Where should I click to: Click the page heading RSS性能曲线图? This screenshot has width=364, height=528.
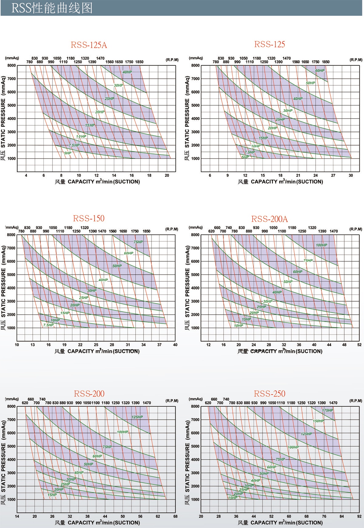pos(52,8)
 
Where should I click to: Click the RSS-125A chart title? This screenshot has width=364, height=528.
pos(89,45)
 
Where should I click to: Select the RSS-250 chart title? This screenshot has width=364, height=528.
pos(270,394)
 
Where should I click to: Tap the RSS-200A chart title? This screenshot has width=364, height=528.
pos(270,219)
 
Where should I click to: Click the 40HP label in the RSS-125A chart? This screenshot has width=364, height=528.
pos(127,72)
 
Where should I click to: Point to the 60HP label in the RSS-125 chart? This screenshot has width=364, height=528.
pos(320,71)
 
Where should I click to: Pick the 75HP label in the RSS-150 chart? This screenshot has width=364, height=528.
pos(138,242)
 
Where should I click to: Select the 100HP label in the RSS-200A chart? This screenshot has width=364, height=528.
pos(322,245)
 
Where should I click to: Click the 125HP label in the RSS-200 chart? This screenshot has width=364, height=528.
pos(137,417)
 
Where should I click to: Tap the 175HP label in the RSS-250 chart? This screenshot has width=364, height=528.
pos(328,410)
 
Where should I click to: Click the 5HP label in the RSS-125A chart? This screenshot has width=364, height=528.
pos(67,153)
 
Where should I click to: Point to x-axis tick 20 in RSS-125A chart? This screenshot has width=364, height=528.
pos(167,175)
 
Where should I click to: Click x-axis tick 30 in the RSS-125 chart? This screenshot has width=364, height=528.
pos(351,175)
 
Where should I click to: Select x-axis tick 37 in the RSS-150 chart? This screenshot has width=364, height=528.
pos(159,345)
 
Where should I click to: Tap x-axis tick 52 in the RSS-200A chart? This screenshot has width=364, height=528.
pos(359,345)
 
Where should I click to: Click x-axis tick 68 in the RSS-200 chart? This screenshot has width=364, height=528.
pos(175,516)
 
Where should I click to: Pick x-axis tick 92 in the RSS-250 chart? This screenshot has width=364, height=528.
pos(359,516)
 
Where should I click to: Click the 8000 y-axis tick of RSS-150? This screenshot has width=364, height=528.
pos(11,235)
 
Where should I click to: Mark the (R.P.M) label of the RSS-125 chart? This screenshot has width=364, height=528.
pos(356,60)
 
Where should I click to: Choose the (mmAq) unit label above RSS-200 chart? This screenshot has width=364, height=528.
pos(12,399)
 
